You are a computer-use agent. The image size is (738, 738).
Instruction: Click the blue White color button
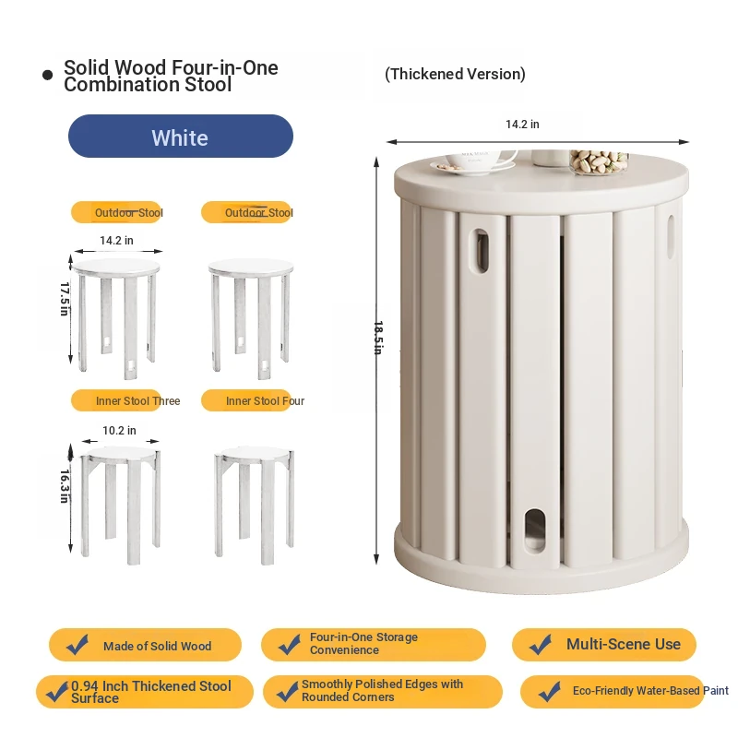point(181,136)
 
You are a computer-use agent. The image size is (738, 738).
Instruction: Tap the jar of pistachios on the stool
point(599,162)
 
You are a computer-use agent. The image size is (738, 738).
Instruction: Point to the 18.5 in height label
point(378,338)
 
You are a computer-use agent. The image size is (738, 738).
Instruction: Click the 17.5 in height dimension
point(65,299)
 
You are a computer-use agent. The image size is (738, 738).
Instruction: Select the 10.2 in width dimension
point(119,431)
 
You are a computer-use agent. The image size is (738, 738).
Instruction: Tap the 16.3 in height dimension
point(65,486)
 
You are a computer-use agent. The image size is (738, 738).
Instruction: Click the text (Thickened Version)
point(455,74)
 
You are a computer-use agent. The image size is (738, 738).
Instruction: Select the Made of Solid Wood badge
point(145,645)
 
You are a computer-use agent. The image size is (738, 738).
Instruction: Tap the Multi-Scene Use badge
point(604,644)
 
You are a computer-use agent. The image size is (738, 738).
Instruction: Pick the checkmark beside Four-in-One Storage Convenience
point(289,644)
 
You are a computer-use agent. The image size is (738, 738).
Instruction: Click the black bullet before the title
point(48,75)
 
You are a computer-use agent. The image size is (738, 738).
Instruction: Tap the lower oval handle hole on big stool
point(535,530)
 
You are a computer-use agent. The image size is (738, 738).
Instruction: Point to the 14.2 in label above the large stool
point(522,125)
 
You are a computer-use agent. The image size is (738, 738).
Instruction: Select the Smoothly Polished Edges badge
point(383,691)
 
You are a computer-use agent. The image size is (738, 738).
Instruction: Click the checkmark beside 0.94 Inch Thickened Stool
point(57,691)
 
